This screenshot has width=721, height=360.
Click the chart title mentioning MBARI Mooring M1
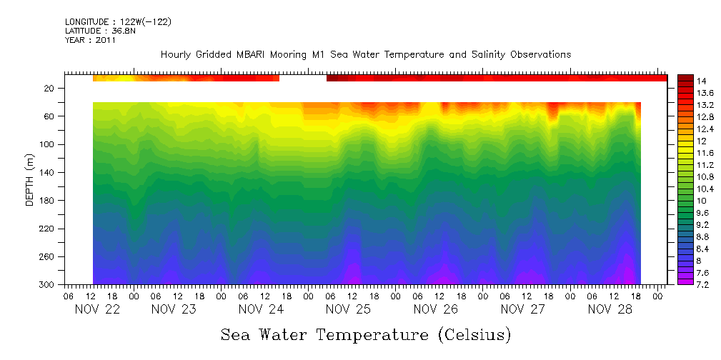tap(365, 55)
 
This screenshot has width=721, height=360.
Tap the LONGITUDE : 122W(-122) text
tap(118, 22)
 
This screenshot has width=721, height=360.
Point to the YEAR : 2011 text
tap(90, 40)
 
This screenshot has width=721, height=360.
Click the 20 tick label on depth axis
tap(50, 89)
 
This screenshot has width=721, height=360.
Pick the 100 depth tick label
tap(48, 144)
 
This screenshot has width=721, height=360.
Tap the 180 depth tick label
tap(48, 201)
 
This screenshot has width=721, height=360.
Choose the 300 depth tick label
tap(48, 285)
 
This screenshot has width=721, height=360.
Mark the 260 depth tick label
tap(48, 257)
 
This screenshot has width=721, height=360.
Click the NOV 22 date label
tap(98, 309)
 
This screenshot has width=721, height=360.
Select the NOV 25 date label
tap(348, 309)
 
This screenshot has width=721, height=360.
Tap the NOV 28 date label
tap(610, 309)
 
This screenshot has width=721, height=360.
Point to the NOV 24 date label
tap(261, 309)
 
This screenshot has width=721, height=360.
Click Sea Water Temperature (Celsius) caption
tap(365, 334)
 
